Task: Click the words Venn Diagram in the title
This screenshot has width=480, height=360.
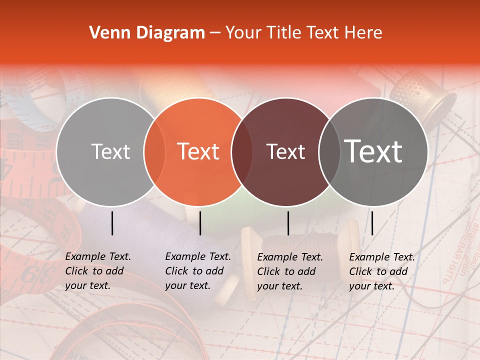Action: [x=147, y=33]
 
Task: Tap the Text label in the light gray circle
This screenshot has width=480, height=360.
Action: [x=110, y=151]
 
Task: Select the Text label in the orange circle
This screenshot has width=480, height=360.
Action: [x=198, y=151]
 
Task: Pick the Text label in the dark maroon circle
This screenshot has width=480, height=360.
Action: [x=285, y=151]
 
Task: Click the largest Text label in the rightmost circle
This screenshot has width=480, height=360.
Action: [x=373, y=151]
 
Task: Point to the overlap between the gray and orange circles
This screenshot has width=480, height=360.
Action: [x=154, y=151]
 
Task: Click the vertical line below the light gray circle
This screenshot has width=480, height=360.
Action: [x=112, y=223]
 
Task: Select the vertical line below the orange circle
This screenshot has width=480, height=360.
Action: [x=200, y=223]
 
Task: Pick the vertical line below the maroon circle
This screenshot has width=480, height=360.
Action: [x=288, y=223]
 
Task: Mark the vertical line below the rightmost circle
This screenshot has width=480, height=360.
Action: [x=372, y=223]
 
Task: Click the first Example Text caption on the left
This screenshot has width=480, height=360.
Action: [x=97, y=271]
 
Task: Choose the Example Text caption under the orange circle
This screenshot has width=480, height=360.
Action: [x=197, y=271]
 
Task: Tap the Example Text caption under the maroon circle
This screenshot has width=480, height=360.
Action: [x=289, y=271]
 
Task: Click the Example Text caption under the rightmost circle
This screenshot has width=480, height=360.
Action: [x=381, y=271]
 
